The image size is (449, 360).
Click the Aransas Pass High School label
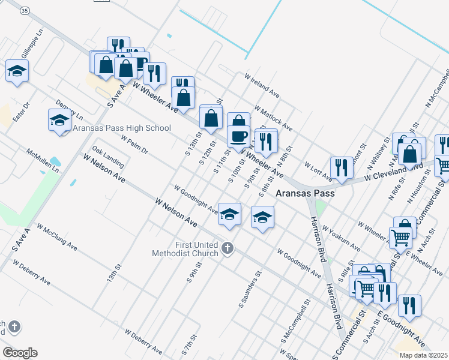pyautogui.click(x=122, y=128)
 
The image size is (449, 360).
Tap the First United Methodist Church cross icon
pyautogui.click(x=227, y=248)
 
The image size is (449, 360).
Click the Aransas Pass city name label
pyautogui.click(x=305, y=194)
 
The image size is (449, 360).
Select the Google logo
pyautogui.click(x=20, y=353)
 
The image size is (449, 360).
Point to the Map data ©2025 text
pyautogui.click(x=423, y=355)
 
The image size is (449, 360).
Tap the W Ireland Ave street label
pyautogui.click(x=262, y=86)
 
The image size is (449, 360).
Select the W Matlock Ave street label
pyautogui.click(x=273, y=119)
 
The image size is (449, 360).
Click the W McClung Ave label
pyautogui.click(x=57, y=238)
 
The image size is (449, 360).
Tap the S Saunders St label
pyautogui.click(x=250, y=289)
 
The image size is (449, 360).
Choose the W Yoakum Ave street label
pyautogui.click(x=341, y=238)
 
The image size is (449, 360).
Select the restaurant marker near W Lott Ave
pyautogui.click(x=341, y=167)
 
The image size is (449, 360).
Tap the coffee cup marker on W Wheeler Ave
pyautogui.click(x=238, y=136)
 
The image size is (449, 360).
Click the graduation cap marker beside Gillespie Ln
pyautogui.click(x=17, y=70)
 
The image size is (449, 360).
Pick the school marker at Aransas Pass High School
pyautogui.click(x=59, y=120)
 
